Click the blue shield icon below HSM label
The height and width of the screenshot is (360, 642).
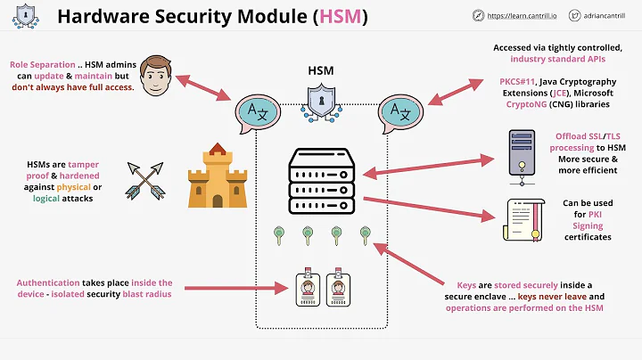(321, 100)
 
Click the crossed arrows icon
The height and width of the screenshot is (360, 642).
(144, 178)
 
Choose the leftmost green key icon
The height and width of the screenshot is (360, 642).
(279, 235)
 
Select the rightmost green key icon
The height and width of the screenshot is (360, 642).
(364, 235)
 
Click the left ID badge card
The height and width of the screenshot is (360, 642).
(307, 286)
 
